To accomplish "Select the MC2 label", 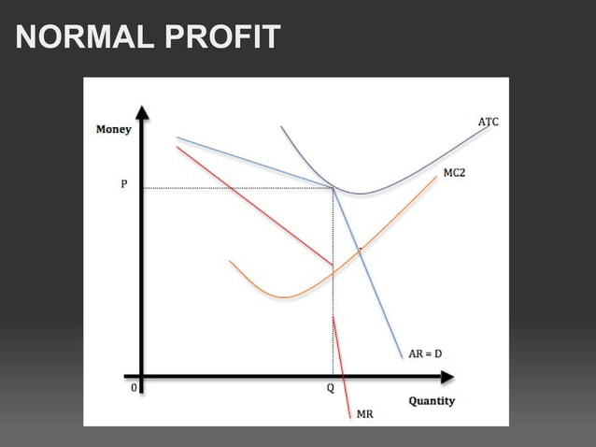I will pyautogui.click(x=454, y=175).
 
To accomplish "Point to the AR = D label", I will pyautogui.click(x=425, y=353).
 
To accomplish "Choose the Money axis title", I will pyautogui.click(x=113, y=129).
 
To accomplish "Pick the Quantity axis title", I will pyautogui.click(x=432, y=401).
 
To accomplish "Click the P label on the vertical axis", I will pyautogui.click(x=124, y=185).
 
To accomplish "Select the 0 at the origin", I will pyautogui.click(x=134, y=386).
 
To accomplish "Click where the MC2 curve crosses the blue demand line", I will pyautogui.click(x=360, y=251).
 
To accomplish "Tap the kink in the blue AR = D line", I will pyautogui.click(x=333, y=188).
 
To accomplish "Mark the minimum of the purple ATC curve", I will pyautogui.click(x=360, y=194).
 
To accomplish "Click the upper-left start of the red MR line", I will pyautogui.click(x=177, y=147).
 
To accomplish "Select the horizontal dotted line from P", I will pyautogui.click(x=234, y=188).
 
